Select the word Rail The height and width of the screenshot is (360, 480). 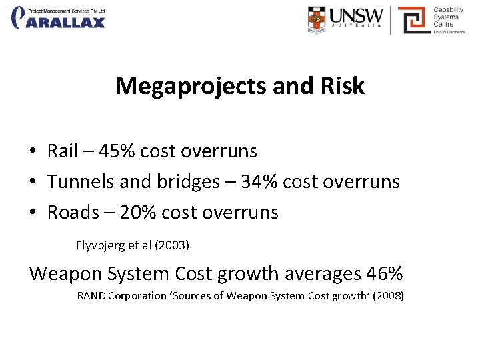(x=63, y=151)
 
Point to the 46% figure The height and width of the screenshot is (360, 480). (x=385, y=273)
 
